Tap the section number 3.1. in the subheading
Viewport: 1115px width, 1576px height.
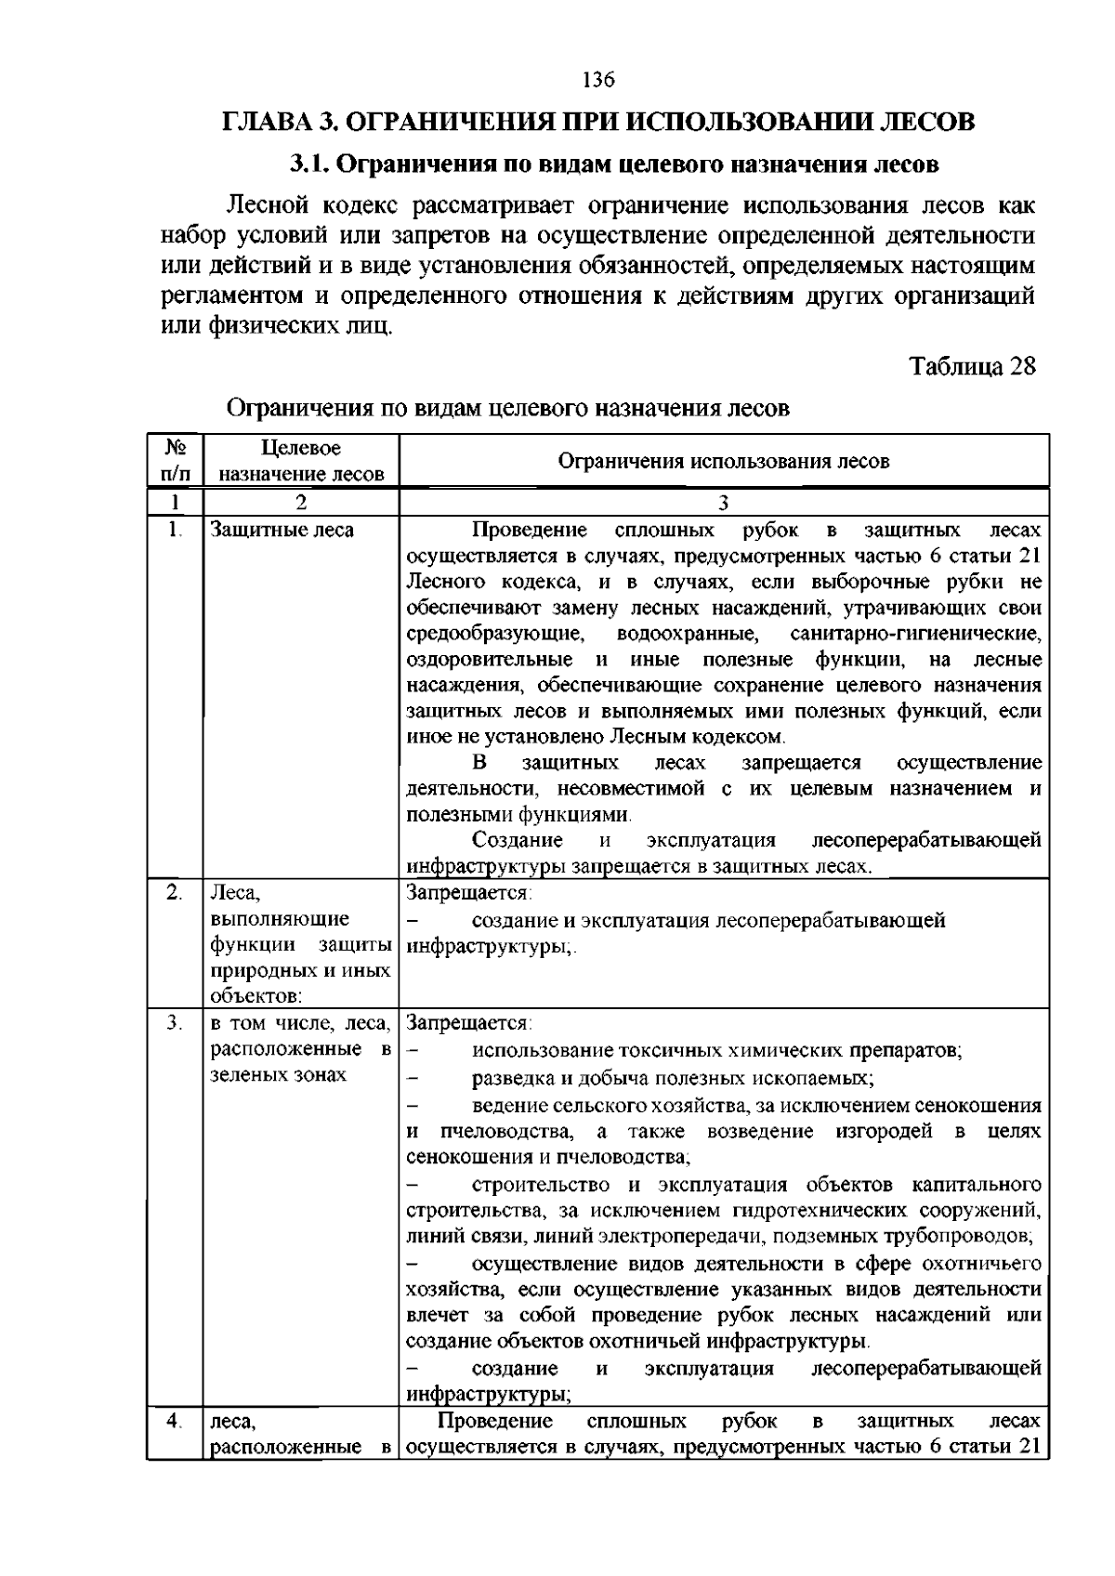pyautogui.click(x=308, y=164)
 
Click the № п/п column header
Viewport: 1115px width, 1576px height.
pyautogui.click(x=175, y=460)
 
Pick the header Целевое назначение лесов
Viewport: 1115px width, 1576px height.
pyautogui.click(x=301, y=460)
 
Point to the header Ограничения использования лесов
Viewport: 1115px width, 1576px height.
pyautogui.click(x=723, y=461)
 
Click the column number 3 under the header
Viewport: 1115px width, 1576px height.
pyautogui.click(x=723, y=503)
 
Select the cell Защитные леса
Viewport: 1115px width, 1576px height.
pyautogui.click(x=282, y=531)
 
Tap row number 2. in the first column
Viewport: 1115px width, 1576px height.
pyautogui.click(x=174, y=892)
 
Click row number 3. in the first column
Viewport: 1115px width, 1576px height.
pyautogui.click(x=174, y=1023)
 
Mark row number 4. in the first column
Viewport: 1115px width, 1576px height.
pyautogui.click(x=174, y=1421)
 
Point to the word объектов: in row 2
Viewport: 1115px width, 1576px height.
pyautogui.click(x=255, y=997)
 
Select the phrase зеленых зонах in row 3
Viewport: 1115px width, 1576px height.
pyautogui.click(x=279, y=1075)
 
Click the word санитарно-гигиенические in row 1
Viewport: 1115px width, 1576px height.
pyautogui.click(x=915, y=634)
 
